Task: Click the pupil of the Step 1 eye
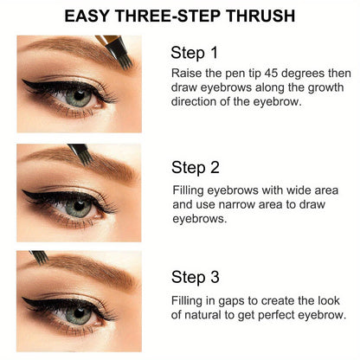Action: [x=77, y=100]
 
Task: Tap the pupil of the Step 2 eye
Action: [x=79, y=209]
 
